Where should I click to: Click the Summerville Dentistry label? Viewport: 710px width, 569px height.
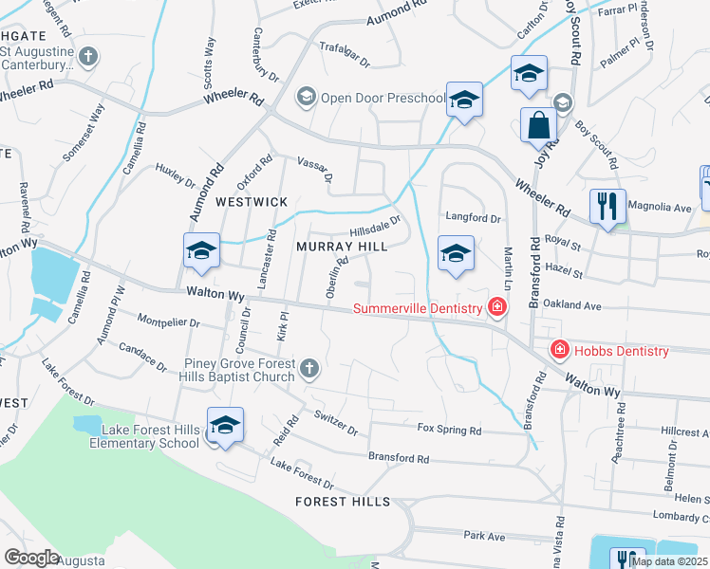point(420,308)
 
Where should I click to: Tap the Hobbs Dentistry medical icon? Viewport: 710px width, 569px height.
point(560,351)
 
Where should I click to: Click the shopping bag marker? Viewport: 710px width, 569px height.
point(538,126)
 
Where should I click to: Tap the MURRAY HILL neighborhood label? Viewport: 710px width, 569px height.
point(342,247)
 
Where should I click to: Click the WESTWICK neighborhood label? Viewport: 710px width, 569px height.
point(252,202)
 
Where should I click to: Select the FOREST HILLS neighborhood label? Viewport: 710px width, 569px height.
point(342,501)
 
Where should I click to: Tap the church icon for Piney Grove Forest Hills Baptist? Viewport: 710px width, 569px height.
point(308,367)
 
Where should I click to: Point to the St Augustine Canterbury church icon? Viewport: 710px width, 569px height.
point(88,57)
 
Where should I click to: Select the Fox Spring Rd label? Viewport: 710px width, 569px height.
point(450,430)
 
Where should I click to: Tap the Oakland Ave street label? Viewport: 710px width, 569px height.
point(579,306)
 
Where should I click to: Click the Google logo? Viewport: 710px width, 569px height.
point(31,558)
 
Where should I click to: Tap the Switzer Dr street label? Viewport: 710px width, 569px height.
point(336,424)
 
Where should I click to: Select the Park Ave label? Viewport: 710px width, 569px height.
point(484,536)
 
